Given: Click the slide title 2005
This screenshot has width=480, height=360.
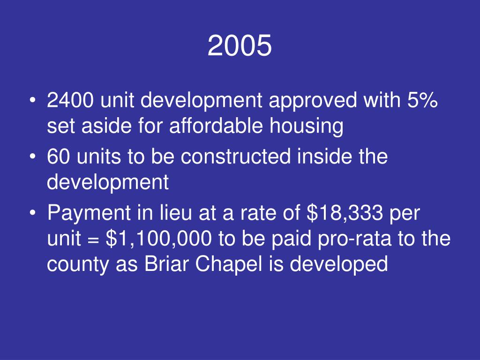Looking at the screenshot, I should [240, 46].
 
